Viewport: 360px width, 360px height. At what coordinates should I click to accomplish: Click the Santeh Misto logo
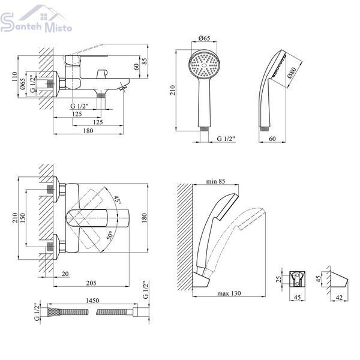coord(36,19)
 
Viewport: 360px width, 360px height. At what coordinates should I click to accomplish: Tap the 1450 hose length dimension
coord(92,301)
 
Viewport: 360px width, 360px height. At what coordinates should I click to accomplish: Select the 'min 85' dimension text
coord(215,181)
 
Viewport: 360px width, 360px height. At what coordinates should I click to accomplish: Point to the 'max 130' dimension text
coord(229,293)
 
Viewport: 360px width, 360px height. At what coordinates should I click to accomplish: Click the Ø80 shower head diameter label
coord(292,73)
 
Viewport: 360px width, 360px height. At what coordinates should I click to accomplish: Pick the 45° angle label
coord(118,200)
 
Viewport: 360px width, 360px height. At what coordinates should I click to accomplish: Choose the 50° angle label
coord(110,236)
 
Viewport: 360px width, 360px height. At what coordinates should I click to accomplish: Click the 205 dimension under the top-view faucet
coord(91,283)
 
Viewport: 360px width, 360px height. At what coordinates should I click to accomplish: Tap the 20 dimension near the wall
coord(65,274)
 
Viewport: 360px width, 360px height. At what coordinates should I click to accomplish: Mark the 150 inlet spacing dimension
coord(23,218)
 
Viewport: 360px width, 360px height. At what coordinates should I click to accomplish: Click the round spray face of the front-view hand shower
coord(204,65)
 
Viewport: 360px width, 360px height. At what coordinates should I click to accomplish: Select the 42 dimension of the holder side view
coord(339,298)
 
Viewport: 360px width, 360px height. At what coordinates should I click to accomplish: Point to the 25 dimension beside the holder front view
coord(278,279)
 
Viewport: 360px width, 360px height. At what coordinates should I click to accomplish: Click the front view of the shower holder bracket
coord(297,279)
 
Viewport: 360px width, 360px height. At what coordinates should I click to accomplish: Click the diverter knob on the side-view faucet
coord(102,74)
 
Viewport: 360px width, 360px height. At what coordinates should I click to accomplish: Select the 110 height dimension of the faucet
coord(14,77)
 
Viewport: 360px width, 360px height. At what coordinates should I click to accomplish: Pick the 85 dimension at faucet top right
coord(145,61)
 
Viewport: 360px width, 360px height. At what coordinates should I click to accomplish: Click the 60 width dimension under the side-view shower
coord(272,139)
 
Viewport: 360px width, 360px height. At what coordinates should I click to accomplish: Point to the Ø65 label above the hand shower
coord(204,38)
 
